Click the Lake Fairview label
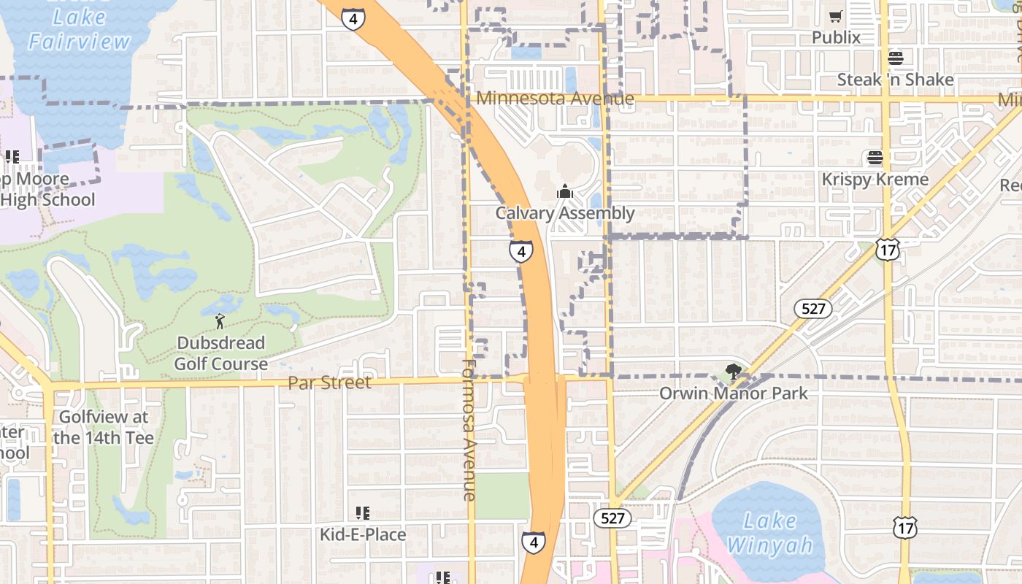(80, 29)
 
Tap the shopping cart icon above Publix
(836, 16)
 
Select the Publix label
(836, 37)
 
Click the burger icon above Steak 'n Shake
(895, 58)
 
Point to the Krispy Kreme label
(875, 180)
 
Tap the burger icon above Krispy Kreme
(875, 158)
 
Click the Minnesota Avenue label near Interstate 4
(555, 98)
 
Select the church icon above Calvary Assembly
(564, 192)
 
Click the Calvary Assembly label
(564, 213)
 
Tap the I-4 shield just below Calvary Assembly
(520, 252)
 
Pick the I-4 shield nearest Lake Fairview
(353, 20)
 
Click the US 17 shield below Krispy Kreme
(888, 250)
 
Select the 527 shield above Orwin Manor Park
(813, 309)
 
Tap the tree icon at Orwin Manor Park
(733, 372)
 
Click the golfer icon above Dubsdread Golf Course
(220, 320)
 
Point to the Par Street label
(329, 383)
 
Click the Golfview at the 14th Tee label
(103, 428)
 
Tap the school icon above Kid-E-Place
(363, 513)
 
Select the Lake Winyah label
(769, 533)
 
